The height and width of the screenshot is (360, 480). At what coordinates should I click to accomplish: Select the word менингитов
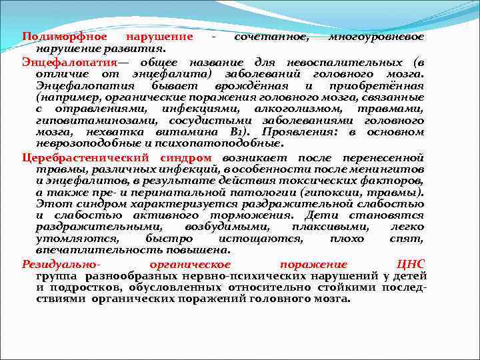pyautogui.click(x=390, y=169)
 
